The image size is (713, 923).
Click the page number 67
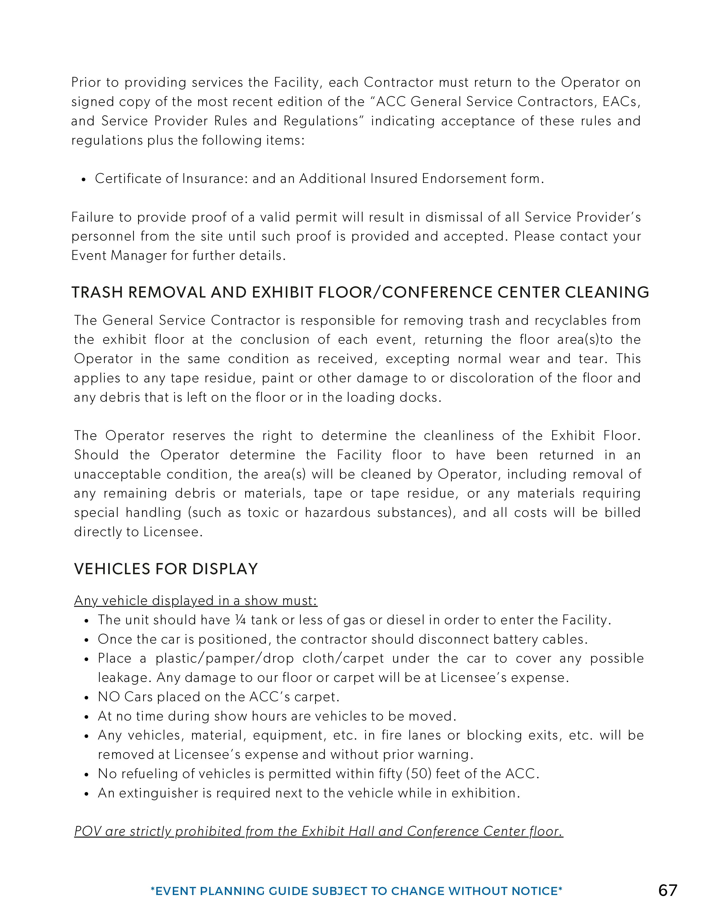pos(667,891)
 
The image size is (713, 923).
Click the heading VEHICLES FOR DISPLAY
pos(166,569)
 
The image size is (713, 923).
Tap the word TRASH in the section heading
pos(97,293)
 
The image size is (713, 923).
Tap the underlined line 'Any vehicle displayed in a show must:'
pos(195,601)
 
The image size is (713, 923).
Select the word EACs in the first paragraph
pos(621,102)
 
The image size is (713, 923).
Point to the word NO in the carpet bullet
pos(109,697)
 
